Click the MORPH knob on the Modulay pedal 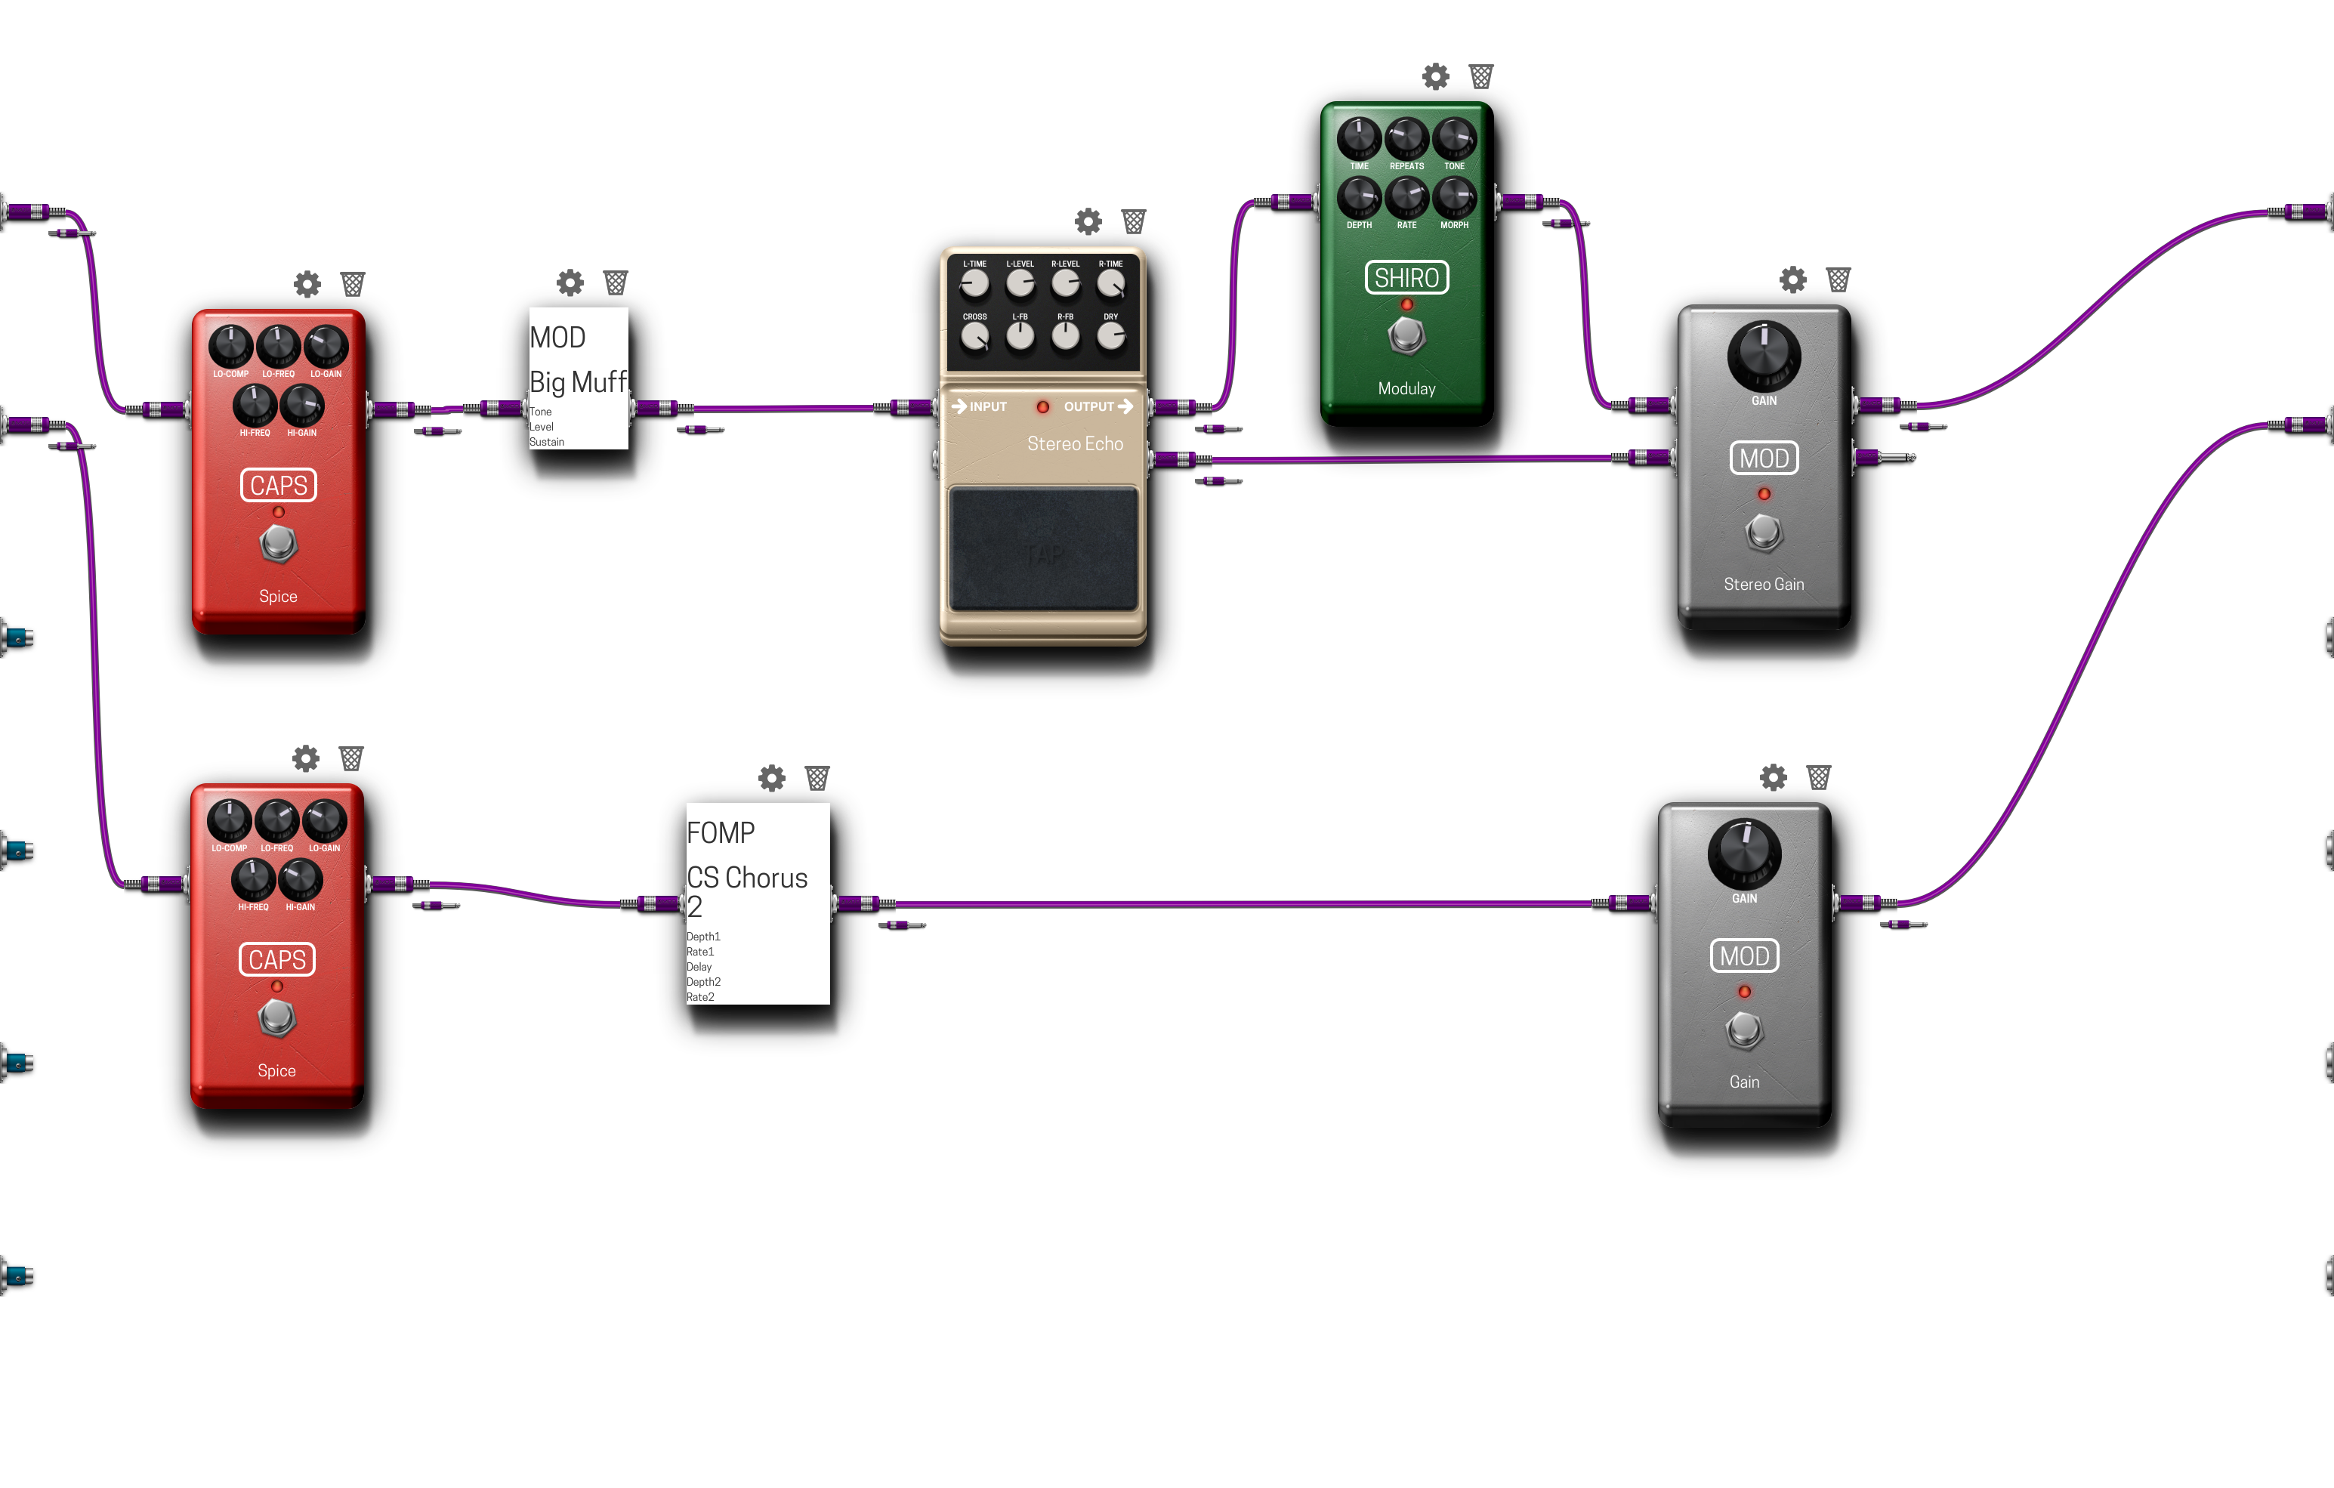coord(1454,197)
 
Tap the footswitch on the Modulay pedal coord(1406,335)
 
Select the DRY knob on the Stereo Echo coord(1111,335)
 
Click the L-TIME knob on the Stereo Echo coord(974,283)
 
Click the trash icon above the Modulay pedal coord(1481,76)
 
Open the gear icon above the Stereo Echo coord(1088,222)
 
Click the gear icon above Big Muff coord(570,283)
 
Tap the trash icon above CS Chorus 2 coord(817,779)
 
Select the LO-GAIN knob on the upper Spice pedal coord(326,346)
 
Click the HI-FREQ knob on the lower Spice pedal coord(253,879)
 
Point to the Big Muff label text coord(578,382)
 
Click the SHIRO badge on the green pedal coord(1406,278)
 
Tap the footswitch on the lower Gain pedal coord(1744,1030)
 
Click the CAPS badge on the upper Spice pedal coord(278,486)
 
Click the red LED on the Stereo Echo coord(1043,407)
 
